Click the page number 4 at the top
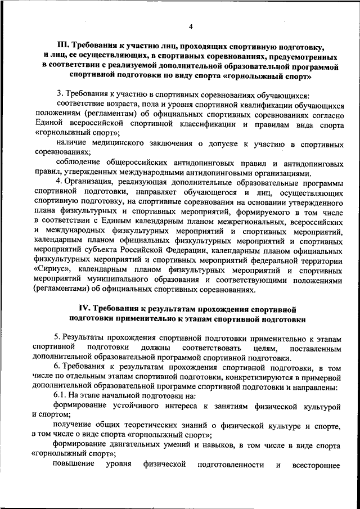[x=191, y=26]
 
